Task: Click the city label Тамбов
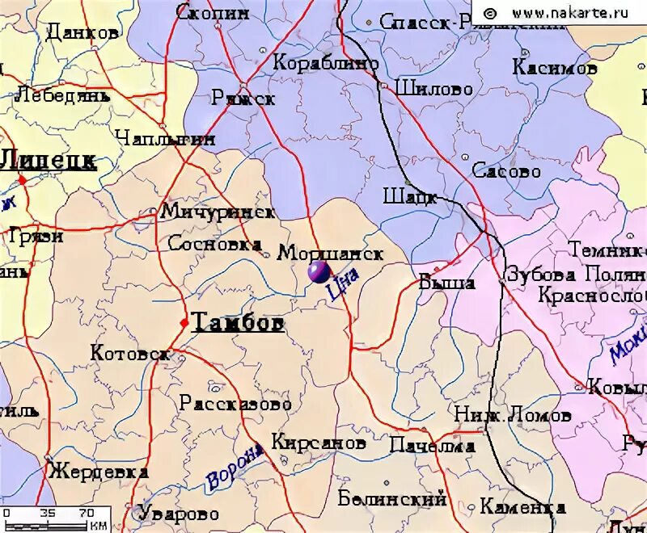239,323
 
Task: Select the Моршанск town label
330,253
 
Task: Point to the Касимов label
555,68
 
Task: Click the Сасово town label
506,171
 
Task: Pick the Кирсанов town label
318,443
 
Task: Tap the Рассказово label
235,402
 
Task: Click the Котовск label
129,354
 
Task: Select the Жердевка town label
98,472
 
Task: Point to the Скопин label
212,12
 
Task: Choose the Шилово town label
434,88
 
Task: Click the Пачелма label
431,446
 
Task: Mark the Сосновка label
214,244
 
